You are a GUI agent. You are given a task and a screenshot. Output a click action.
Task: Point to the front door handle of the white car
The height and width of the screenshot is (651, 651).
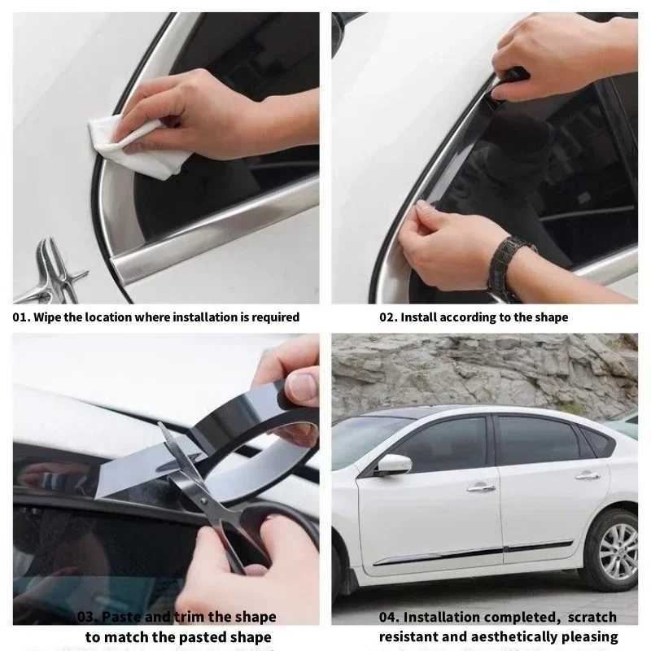[x=480, y=487]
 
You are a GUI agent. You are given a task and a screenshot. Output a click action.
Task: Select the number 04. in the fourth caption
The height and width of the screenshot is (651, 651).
[x=389, y=618]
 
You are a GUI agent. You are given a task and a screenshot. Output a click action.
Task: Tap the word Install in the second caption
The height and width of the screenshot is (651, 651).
[x=422, y=317]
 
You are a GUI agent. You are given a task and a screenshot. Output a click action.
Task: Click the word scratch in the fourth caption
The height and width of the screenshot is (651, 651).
[x=590, y=618]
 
